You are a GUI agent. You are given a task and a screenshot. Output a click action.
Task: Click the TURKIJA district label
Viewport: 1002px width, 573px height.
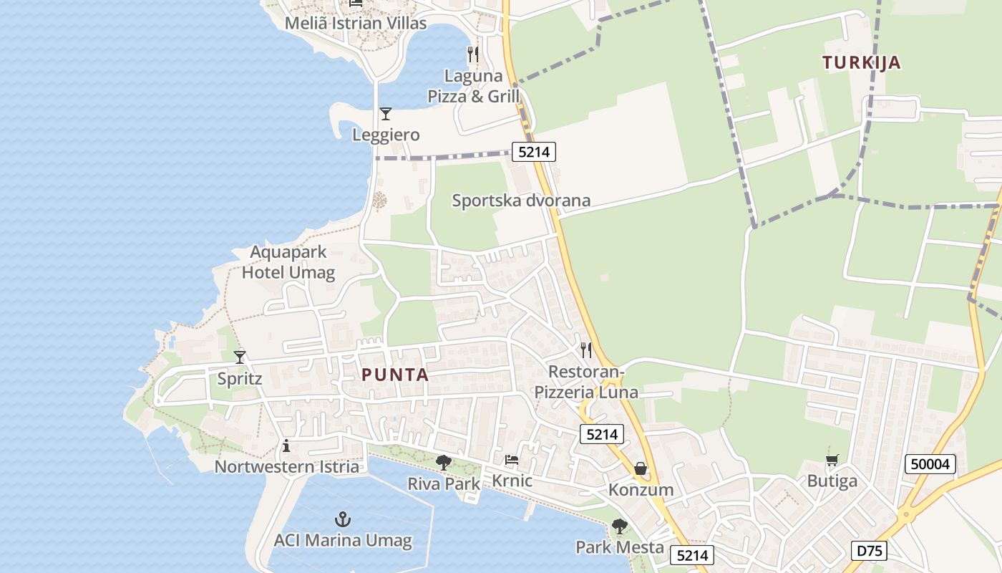[x=861, y=62]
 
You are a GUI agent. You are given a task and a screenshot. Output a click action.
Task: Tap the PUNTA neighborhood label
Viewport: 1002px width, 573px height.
[x=394, y=375]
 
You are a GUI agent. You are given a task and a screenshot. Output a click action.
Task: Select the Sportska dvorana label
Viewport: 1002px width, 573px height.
[x=521, y=201]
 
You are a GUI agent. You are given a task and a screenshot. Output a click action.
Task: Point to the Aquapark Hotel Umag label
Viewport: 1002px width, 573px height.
[x=288, y=262]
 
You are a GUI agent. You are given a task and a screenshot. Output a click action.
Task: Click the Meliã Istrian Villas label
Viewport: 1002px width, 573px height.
[x=356, y=23]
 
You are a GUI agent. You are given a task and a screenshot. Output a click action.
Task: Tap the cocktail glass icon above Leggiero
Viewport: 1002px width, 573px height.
[x=386, y=113]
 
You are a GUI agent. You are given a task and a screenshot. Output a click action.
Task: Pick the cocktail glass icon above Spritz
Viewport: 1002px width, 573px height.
[x=240, y=357]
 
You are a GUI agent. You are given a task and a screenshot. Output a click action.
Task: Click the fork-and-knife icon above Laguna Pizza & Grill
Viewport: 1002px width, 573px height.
[x=472, y=54]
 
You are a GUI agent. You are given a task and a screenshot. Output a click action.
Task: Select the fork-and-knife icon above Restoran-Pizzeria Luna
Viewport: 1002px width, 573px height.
[x=586, y=350]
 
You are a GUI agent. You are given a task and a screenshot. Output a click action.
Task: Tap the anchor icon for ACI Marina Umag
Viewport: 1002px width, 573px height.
[x=343, y=519]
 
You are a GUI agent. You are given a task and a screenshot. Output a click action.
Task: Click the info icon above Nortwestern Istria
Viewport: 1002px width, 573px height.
[x=286, y=446]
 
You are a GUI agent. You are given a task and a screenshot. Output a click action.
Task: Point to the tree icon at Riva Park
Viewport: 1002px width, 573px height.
[x=444, y=462]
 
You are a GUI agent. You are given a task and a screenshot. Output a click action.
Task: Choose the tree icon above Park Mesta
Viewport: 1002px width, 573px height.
[x=619, y=527]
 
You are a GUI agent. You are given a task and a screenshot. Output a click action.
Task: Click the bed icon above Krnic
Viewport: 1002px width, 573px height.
[x=512, y=459]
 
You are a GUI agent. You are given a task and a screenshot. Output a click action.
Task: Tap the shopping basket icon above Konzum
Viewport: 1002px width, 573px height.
[x=641, y=468]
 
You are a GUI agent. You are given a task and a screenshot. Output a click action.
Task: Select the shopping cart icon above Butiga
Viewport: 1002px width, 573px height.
[x=832, y=460]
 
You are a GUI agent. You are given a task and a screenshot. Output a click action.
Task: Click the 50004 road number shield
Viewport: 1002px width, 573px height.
[x=930, y=464]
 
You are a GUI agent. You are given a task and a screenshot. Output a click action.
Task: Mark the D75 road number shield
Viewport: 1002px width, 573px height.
[x=870, y=551]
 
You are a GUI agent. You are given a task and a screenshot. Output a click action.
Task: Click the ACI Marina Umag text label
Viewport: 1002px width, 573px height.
[x=343, y=540]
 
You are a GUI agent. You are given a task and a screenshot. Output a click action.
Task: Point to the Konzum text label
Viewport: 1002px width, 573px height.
[x=641, y=490]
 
